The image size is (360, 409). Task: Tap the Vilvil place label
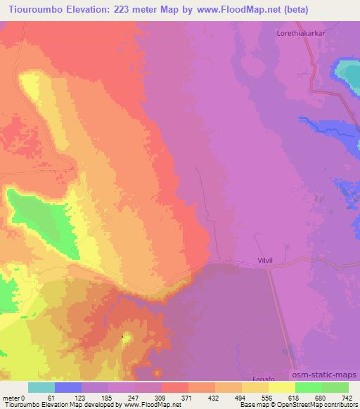click(x=259, y=261)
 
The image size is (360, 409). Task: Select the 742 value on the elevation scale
click(x=347, y=398)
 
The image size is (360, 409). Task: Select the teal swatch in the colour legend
click(x=41, y=387)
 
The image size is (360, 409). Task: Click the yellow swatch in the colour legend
click(x=282, y=387)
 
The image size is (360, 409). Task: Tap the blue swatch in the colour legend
click(x=68, y=387)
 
